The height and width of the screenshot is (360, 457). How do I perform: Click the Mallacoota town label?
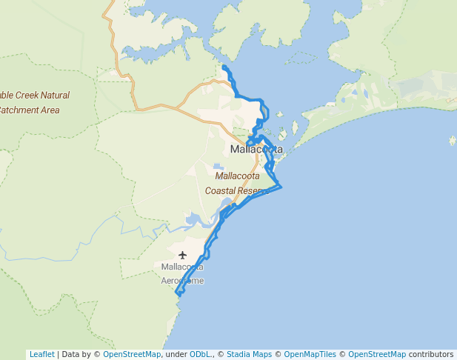click(x=256, y=149)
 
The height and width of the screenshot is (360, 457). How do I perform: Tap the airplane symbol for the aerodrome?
click(x=182, y=256)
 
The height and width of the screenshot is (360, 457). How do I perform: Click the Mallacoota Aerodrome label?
click(x=182, y=273)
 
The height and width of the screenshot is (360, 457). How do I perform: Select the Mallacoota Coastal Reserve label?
click(x=237, y=184)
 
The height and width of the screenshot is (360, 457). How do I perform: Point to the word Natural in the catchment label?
click(x=55, y=96)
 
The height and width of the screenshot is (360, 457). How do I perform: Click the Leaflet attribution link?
click(x=41, y=354)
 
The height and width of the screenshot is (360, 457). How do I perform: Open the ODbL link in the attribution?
click(x=199, y=354)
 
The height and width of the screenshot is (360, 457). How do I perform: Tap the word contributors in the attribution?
click(x=430, y=354)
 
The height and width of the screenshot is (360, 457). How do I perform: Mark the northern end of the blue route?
click(x=224, y=67)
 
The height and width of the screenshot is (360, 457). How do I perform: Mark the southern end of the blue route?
click(x=178, y=295)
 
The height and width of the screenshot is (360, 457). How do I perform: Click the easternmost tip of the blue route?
click(x=282, y=187)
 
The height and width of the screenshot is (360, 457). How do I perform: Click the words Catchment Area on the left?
click(x=30, y=110)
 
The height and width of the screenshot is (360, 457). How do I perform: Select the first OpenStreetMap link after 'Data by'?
click(x=131, y=354)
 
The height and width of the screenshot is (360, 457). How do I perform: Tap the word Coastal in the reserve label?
click(x=220, y=190)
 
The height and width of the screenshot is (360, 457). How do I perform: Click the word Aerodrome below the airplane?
click(x=182, y=281)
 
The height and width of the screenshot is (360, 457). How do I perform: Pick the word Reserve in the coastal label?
click(x=252, y=190)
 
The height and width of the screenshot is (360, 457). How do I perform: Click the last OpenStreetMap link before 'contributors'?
click(x=377, y=354)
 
